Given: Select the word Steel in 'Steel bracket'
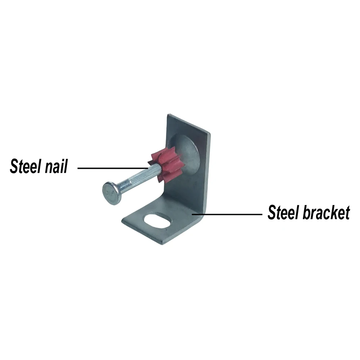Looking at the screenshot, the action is [x=283, y=213].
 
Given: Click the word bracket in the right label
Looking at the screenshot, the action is [x=326, y=213].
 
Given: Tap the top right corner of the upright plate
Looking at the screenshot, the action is [x=209, y=133].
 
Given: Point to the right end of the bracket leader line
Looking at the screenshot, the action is [x=261, y=214].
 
